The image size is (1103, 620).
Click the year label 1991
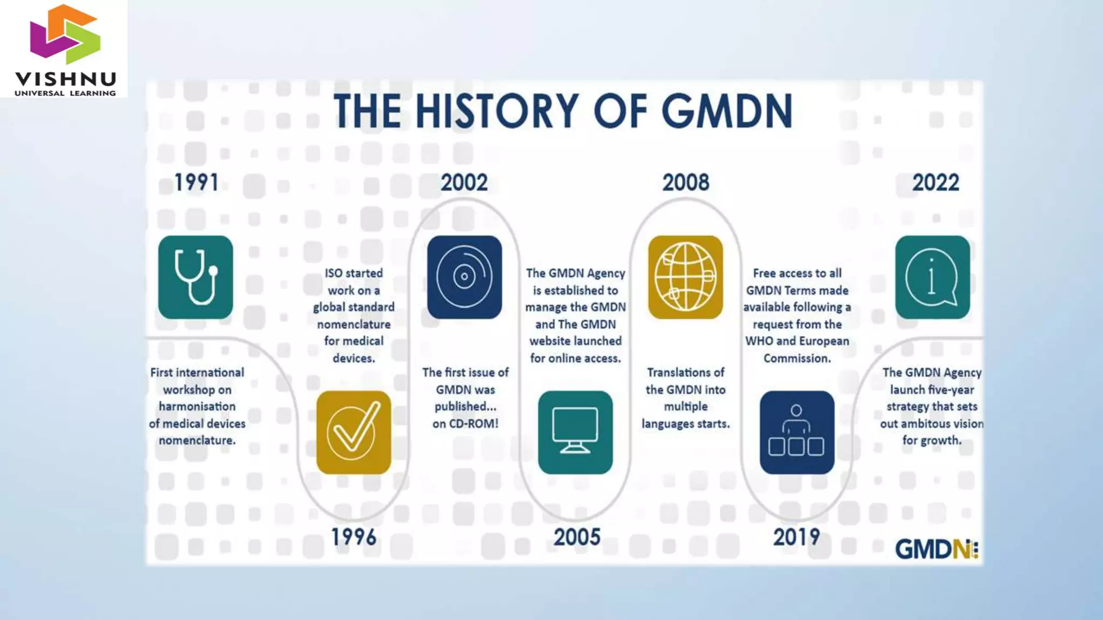pos(197,182)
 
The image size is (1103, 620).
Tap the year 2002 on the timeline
pos(464,182)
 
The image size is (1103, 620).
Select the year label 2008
pos(686,182)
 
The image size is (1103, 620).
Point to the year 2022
pos(936,182)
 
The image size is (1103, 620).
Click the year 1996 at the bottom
pos(353,537)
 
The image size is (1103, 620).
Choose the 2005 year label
pos(576,537)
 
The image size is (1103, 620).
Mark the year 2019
pos(797,537)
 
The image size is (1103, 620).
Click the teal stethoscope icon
pos(196,277)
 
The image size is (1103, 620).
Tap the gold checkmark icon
pos(353,432)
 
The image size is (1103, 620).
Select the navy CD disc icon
pos(464,277)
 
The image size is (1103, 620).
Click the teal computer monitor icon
pos(575,432)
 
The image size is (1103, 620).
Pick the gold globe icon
pos(685,277)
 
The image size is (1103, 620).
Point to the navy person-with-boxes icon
pos(797,432)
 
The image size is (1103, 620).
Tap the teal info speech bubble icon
pos(932,277)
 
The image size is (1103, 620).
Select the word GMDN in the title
pos(727,111)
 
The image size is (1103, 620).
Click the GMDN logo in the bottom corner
pos(936,549)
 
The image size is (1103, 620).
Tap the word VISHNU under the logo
pos(65,80)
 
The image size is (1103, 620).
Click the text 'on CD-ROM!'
pos(465,424)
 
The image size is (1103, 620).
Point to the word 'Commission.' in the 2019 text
pos(797,358)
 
